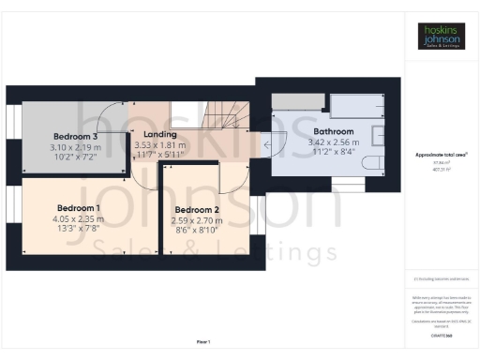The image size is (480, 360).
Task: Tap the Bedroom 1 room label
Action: coord(79,207)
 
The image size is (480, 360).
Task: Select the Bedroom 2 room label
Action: coord(196,210)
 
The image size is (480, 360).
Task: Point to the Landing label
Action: coord(160,135)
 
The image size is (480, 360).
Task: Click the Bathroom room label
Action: coord(333,131)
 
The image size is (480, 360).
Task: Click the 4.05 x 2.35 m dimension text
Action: coord(80,219)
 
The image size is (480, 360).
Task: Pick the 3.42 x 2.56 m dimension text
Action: coord(333,142)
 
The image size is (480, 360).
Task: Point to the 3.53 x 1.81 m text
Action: coord(160,146)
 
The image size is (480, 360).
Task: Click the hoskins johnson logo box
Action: coord(441,36)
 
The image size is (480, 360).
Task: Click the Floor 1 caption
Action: coord(203,341)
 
